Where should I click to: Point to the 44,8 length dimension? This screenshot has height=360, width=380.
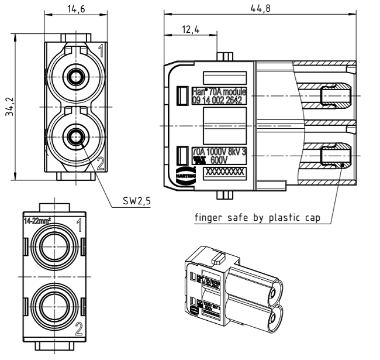(265, 7)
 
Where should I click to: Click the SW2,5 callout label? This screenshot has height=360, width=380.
(137, 200)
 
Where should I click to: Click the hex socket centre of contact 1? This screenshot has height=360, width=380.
(74, 77)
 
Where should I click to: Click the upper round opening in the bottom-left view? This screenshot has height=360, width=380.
(53, 248)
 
